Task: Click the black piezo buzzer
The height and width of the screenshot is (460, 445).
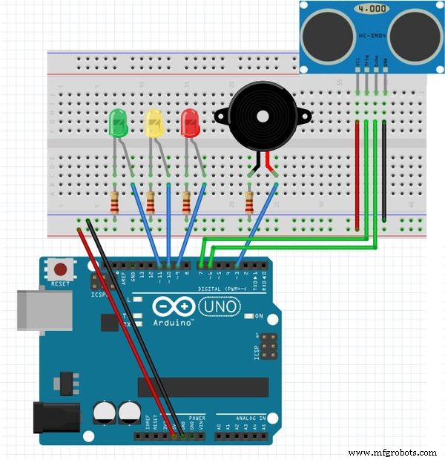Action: (259, 119)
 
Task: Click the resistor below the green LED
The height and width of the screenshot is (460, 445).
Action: (115, 201)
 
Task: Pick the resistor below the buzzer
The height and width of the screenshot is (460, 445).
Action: (250, 201)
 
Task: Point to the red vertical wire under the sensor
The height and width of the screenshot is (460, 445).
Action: (357, 174)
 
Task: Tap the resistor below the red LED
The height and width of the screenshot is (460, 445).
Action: (186, 201)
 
